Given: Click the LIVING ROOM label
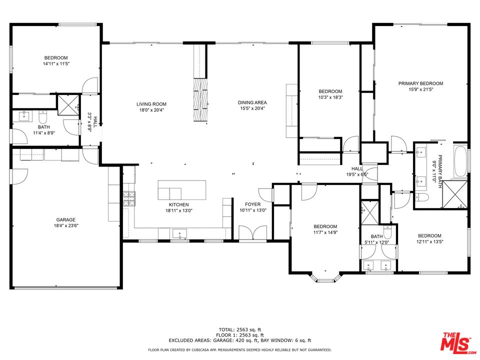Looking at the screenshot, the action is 151,104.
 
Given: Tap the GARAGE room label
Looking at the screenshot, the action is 66,220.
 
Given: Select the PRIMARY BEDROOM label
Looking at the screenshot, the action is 420,83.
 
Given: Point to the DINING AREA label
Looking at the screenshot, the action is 252,102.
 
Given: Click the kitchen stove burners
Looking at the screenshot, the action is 129,198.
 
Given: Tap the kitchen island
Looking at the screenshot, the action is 182,190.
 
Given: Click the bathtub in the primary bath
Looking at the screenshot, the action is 460,162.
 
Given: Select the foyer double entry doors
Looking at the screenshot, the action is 253,233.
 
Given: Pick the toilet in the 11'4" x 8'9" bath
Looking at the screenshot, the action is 42,116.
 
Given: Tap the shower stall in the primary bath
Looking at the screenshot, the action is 455,195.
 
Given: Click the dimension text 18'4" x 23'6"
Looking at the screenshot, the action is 66,225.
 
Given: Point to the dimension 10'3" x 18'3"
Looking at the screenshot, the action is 330,97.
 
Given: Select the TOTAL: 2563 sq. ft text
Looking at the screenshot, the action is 240,329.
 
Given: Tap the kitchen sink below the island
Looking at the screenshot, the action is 179,233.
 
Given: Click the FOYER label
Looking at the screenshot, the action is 253,204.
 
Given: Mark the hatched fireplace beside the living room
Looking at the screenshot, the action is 200,99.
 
